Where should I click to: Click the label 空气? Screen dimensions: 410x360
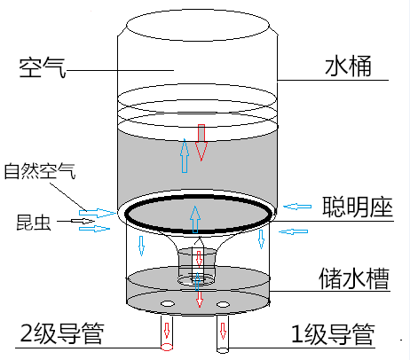(43, 67)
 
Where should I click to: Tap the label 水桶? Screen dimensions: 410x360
(348, 66)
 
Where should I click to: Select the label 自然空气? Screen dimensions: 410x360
(40, 171)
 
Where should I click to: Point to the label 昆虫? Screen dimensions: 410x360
(34, 222)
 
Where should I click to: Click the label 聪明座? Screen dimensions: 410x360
(358, 207)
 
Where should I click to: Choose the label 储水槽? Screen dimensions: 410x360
(354, 278)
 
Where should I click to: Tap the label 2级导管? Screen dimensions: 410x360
(62, 333)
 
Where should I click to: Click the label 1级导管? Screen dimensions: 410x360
(333, 334)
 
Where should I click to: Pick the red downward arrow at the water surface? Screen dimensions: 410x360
(201, 143)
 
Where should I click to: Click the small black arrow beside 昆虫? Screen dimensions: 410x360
(83, 221)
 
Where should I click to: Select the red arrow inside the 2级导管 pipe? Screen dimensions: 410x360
(167, 330)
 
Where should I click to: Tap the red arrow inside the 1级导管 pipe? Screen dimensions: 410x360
(223, 331)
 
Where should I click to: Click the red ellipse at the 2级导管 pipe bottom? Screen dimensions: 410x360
(167, 347)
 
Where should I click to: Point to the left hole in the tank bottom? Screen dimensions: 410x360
(168, 303)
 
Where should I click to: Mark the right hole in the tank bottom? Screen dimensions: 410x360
(223, 304)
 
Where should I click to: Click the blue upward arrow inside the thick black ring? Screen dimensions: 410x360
(195, 219)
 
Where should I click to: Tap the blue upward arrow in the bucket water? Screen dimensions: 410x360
(185, 155)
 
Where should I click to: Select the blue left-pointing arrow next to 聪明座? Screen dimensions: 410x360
(297, 207)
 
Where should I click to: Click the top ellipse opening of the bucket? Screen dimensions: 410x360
(198, 25)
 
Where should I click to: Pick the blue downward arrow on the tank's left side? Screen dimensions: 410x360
(141, 246)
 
